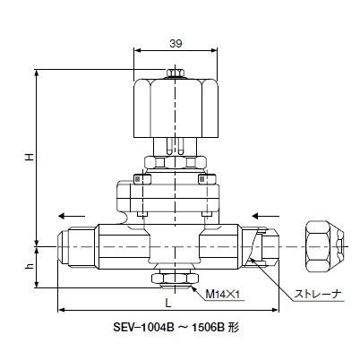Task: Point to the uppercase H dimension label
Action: tap(29, 157)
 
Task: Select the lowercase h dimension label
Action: tap(29, 266)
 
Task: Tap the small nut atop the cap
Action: tap(174, 73)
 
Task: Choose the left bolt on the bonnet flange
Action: tap(136, 179)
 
